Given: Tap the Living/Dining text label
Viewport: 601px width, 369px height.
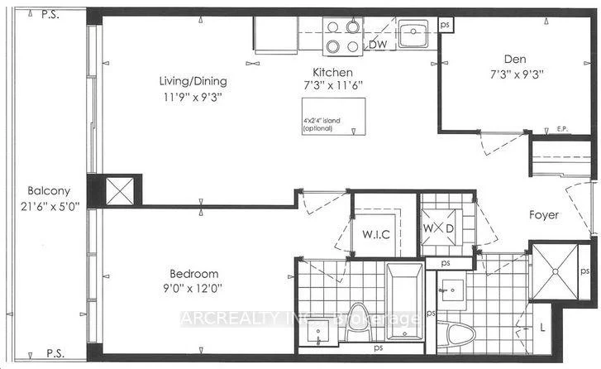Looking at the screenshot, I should [193, 81].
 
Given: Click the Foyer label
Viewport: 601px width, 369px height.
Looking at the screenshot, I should [544, 215].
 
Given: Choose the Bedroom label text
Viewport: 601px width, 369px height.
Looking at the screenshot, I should [193, 274].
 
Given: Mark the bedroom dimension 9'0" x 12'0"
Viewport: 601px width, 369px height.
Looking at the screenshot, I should [193, 288].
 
